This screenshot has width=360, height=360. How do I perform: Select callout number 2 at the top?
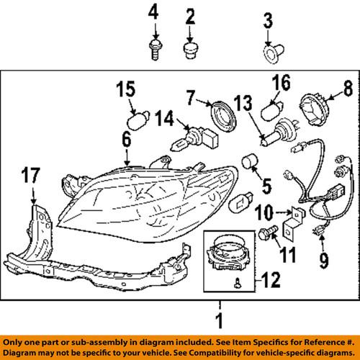[190, 14]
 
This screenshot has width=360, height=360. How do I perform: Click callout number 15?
[125, 91]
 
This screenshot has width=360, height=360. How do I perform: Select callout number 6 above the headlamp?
[127, 143]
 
